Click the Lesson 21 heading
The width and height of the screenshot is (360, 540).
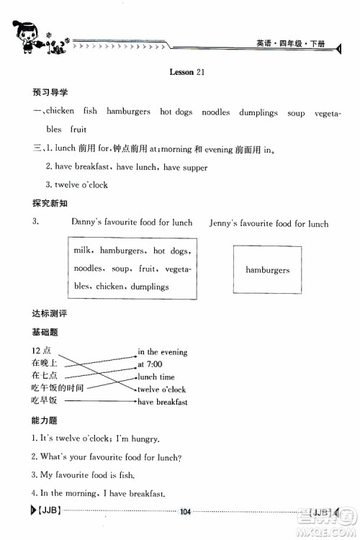[x=187, y=72]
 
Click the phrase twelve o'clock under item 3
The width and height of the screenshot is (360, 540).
[x=81, y=185]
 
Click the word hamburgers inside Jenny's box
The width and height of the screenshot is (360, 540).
[x=267, y=271]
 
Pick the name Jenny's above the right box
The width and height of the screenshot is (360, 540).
[x=225, y=223]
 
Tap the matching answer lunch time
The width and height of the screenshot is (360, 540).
[x=156, y=377]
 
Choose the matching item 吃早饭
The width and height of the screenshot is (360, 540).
[x=44, y=400]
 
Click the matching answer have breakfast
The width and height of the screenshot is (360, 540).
[x=162, y=402]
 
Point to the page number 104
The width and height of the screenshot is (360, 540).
[x=185, y=512]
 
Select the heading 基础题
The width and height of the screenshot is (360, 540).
[x=45, y=332]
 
